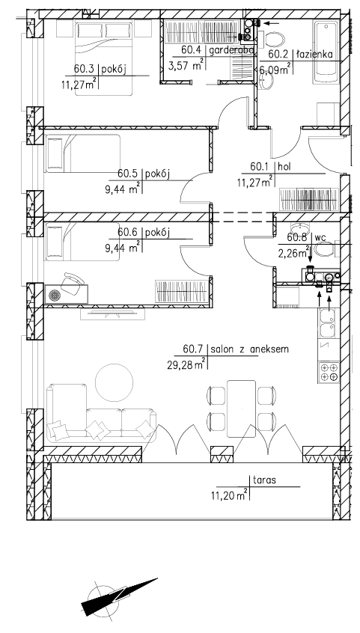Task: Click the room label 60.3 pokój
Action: (100, 70)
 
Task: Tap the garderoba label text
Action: (231, 50)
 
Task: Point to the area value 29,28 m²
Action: (186, 365)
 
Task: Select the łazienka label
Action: (314, 54)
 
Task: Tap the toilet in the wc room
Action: (324, 251)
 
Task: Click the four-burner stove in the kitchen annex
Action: (328, 372)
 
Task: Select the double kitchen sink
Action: (328, 323)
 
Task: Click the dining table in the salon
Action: (241, 409)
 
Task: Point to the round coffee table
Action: (114, 382)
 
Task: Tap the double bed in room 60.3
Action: (104, 58)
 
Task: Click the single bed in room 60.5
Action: (83, 153)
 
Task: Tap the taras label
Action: (265, 480)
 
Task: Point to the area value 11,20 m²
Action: (229, 495)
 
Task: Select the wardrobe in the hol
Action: (308, 200)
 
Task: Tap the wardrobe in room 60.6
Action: (182, 291)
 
